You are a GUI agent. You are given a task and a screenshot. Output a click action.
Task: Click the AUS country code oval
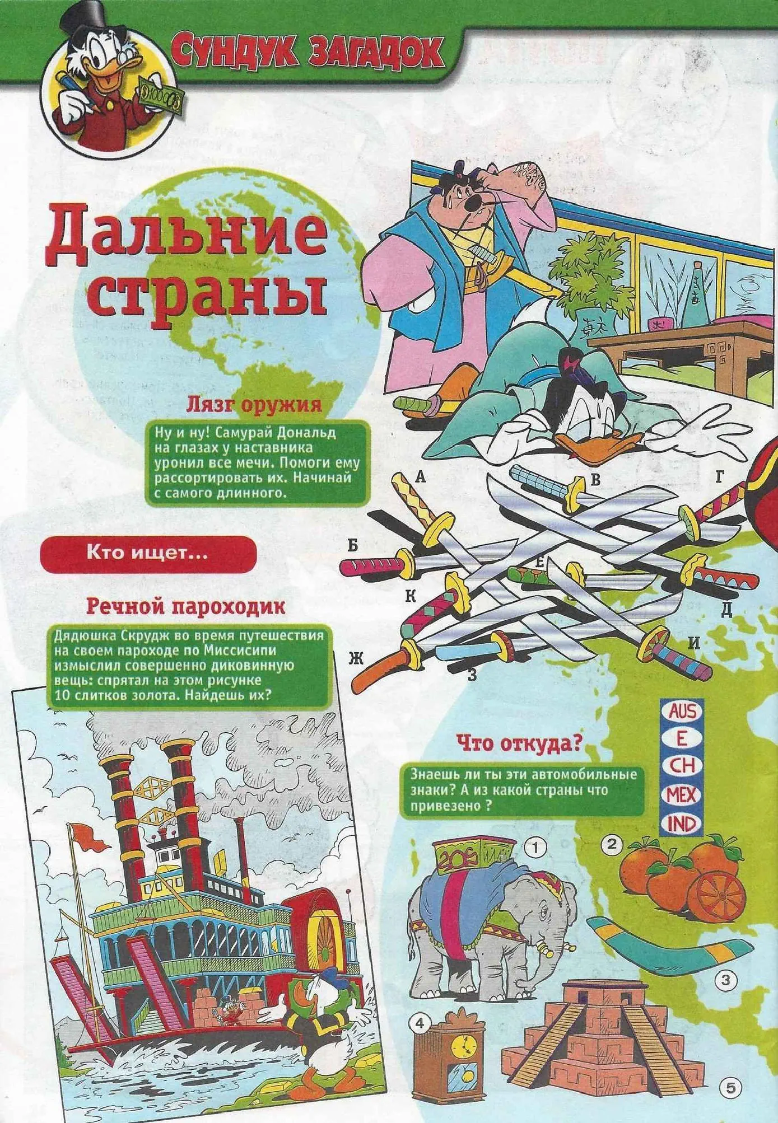[681, 712]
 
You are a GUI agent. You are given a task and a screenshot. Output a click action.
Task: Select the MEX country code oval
[681, 795]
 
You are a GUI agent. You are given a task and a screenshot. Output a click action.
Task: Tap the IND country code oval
[681, 823]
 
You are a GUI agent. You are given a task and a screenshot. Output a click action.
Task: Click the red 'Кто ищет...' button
[147, 554]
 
